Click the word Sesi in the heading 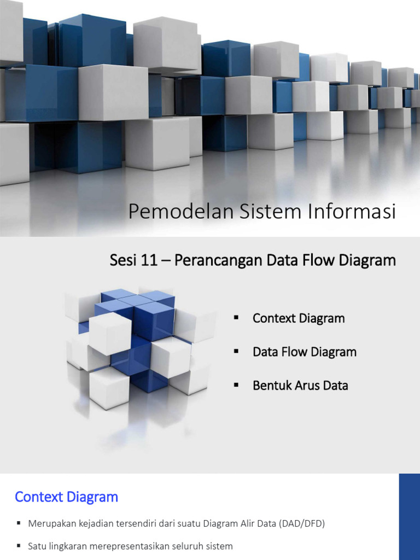[122, 260]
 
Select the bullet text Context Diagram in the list [299, 318]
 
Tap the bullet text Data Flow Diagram [304, 352]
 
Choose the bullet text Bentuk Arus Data [300, 385]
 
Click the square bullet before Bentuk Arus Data [237, 385]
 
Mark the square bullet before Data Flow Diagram [237, 352]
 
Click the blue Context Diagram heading [66, 497]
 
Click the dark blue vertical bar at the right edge [409, 517]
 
